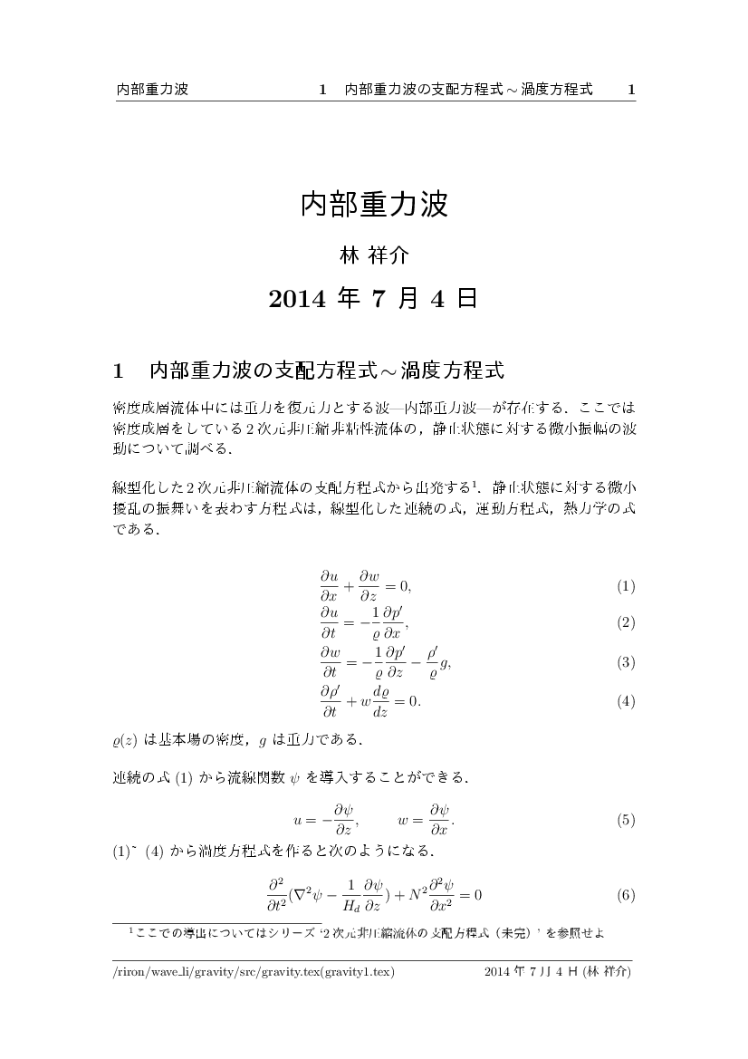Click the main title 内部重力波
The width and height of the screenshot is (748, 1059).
[374, 205]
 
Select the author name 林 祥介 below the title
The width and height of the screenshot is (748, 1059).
[374, 256]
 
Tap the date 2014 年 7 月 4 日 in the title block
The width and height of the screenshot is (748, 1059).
[374, 299]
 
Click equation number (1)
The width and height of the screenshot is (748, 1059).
[626, 586]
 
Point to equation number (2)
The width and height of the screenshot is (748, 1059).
[626, 623]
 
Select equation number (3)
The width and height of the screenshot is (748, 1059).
[626, 662]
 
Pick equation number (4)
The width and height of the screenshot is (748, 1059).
[626, 701]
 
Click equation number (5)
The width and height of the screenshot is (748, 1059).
[626, 821]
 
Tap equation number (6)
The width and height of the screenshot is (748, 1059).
[626, 895]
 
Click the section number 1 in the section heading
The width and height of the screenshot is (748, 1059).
[118, 371]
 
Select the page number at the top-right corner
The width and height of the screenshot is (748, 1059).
[631, 90]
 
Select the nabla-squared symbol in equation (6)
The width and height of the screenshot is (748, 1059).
[302, 895]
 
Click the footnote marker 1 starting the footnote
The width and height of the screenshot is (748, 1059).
[131, 929]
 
